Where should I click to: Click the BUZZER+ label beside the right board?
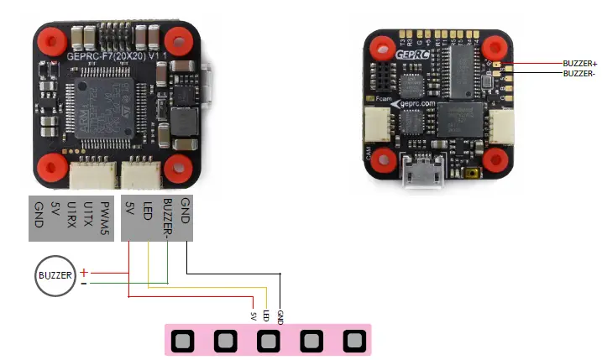point(581,63)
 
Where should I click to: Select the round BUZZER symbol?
point(55,274)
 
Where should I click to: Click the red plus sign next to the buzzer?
point(84,272)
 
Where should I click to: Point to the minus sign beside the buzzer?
point(83,283)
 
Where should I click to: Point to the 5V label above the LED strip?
point(253,316)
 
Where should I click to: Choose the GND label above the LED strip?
point(280,316)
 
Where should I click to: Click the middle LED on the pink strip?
point(268,342)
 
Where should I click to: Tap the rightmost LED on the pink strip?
point(354,342)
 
